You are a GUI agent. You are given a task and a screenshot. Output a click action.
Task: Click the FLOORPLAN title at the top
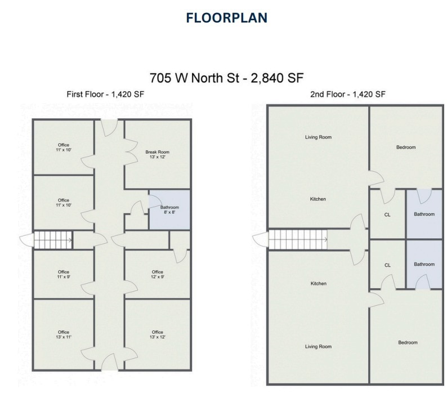pos(226,17)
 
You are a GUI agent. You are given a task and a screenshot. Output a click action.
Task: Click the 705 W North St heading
pos(226,78)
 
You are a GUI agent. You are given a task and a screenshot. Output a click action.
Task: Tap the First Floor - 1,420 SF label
pos(105,94)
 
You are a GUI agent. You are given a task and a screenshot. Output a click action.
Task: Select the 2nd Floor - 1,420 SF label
pos(347,94)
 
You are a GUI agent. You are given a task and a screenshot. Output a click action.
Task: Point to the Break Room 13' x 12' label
pos(157,154)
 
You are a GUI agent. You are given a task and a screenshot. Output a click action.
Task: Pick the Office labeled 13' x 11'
pos(63,334)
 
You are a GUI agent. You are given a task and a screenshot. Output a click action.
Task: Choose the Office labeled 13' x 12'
pos(157,334)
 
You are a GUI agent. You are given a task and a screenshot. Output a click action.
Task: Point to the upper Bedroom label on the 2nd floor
pos(405,148)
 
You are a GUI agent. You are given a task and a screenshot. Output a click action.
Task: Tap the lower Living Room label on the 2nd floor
pos(318,347)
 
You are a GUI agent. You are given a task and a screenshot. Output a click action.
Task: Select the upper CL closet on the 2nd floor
pos(387,215)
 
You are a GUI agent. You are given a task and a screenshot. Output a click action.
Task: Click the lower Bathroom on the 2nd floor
pos(424,265)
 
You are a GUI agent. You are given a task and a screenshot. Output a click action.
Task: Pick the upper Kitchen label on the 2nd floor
pos(318,199)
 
